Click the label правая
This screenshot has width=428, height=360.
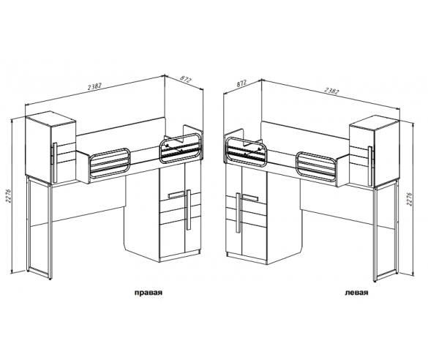(x=149, y=293)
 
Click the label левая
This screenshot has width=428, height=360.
(x=356, y=293)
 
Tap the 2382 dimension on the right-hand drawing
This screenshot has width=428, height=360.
(x=331, y=91)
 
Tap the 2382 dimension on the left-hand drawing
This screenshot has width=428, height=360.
(x=94, y=86)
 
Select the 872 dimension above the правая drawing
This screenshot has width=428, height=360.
(x=186, y=80)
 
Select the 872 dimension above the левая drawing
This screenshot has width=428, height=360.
(x=241, y=83)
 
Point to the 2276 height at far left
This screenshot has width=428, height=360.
(x=9, y=195)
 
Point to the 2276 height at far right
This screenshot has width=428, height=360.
(x=409, y=199)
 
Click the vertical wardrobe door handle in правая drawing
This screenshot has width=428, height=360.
(x=188, y=210)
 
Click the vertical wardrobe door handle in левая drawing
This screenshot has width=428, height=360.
(x=239, y=213)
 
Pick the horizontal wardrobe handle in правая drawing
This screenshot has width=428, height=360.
(x=177, y=195)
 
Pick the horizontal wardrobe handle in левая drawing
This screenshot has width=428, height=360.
(x=250, y=198)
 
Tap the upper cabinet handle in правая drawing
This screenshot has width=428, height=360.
(x=55, y=162)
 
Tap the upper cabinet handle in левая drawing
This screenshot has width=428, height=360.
(x=370, y=166)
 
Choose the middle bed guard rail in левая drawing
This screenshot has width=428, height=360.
(x=316, y=167)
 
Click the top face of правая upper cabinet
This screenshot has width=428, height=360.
(x=50, y=119)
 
